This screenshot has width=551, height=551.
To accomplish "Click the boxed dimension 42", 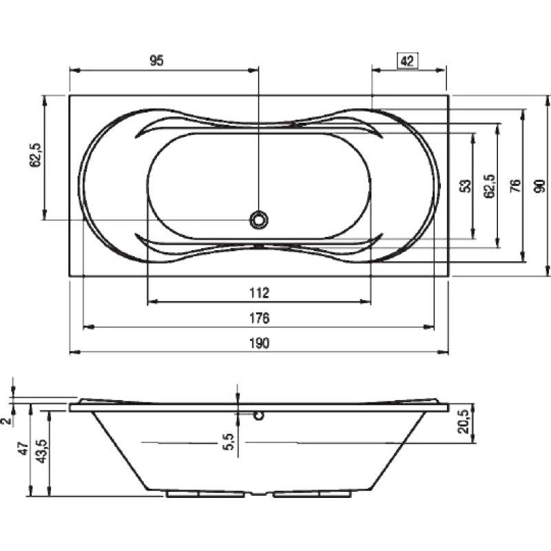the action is tap(407, 61).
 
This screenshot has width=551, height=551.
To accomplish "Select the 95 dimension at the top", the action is tap(157, 61).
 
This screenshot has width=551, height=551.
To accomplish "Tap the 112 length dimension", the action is tap(260, 293).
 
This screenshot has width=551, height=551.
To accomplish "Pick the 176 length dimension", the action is tap(260, 318).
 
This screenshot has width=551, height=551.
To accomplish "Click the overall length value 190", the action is tap(260, 343).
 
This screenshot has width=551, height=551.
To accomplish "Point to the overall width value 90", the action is tap(541, 186).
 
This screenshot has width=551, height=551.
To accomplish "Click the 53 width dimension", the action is tap(465, 186).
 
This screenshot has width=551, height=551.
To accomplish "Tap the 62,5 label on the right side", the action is tap(489, 186).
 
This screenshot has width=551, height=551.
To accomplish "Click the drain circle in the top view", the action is tap(259, 220).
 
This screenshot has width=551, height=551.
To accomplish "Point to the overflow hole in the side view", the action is tap(259, 416).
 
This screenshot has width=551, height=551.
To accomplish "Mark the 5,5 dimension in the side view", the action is tap(229, 441).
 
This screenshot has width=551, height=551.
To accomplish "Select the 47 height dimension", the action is tap(23, 449).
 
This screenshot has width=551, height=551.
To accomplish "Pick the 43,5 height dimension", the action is tap(42, 452).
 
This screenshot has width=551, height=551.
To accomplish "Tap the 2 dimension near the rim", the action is tap(6, 421).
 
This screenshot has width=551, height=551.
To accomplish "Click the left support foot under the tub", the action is tap(205, 494).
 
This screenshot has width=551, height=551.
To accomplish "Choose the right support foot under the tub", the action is tap(313, 494).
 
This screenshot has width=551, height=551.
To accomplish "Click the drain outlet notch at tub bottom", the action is tap(259, 493).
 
